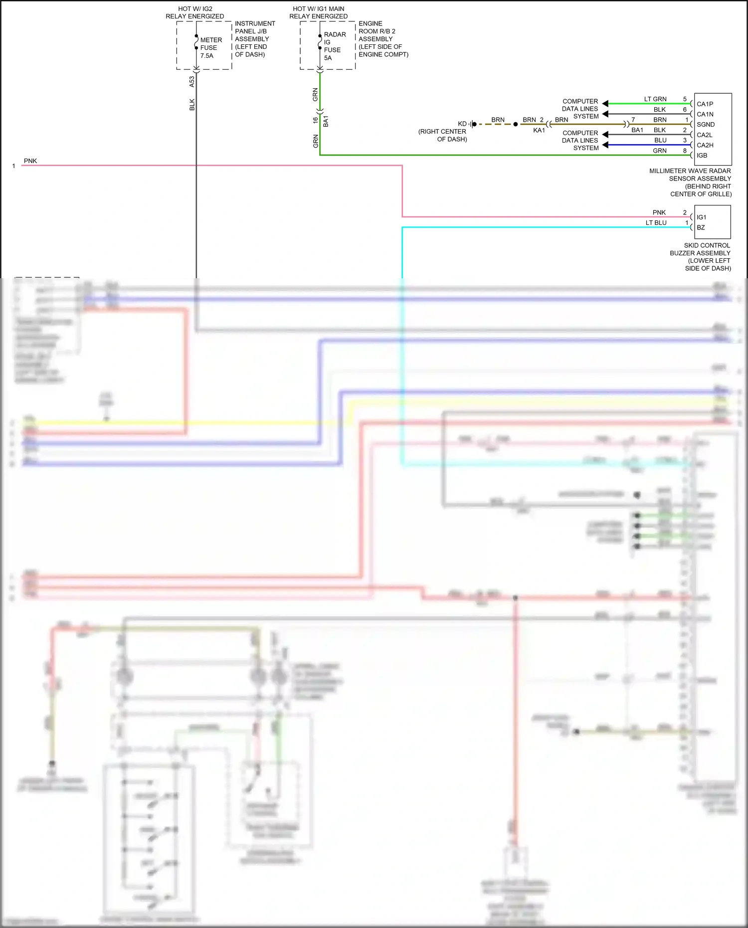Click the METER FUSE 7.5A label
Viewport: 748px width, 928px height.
pos(210,48)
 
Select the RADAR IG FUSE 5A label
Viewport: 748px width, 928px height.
pos(334,46)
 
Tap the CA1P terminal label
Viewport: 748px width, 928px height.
pos(705,104)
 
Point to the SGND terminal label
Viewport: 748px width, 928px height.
pos(705,125)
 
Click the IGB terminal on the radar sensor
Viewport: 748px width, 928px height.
pos(702,156)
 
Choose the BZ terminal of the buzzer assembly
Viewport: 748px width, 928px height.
pos(701,227)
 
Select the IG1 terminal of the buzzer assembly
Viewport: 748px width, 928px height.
pos(701,217)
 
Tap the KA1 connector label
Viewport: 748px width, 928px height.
pos(539,130)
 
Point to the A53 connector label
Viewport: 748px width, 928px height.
pos(192,82)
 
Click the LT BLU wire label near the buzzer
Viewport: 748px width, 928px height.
pos(656,223)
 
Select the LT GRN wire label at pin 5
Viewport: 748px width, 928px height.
pos(655,99)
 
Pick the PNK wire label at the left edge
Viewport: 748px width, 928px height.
pos(30,161)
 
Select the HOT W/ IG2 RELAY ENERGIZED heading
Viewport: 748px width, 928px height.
pos(195,12)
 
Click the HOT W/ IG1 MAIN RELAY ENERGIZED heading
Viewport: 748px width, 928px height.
pos(318,12)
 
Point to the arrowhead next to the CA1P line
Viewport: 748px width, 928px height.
pos(605,104)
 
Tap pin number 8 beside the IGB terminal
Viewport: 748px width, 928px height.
pos(685,151)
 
